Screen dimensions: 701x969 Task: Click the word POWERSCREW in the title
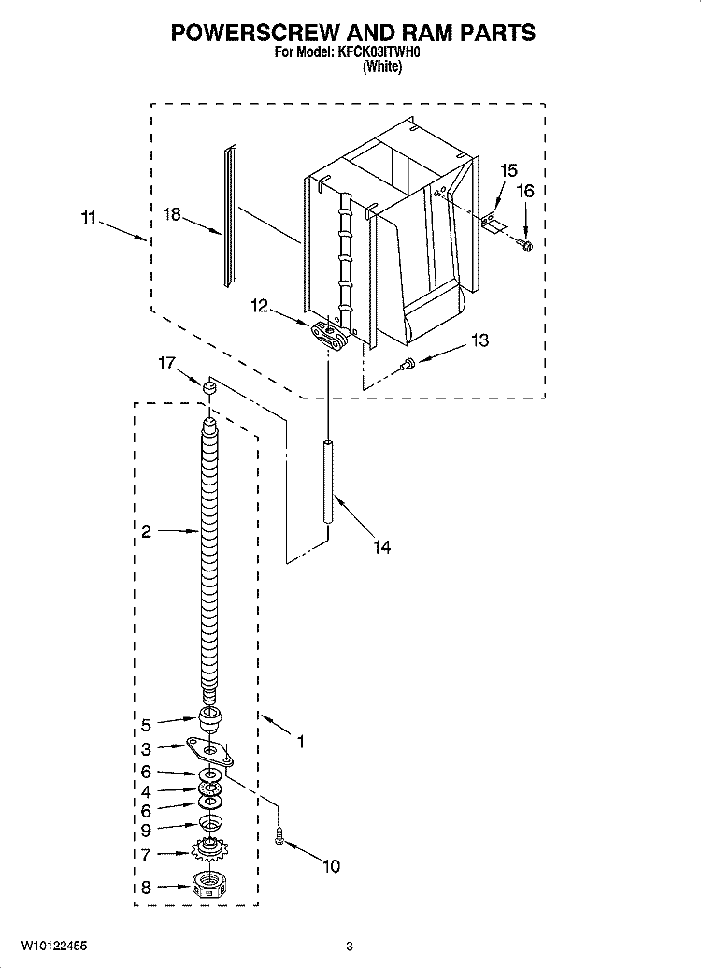point(255,33)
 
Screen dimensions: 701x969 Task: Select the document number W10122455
point(54,946)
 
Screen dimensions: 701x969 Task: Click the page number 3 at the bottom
point(349,947)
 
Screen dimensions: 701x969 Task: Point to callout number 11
point(88,218)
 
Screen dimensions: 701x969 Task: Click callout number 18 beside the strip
point(172,214)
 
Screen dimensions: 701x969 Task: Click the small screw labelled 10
point(279,837)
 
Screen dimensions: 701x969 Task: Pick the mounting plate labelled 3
point(208,752)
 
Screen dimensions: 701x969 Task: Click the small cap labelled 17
point(210,387)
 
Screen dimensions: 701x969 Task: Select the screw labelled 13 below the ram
point(408,365)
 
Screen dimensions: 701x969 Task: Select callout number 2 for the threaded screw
point(146,531)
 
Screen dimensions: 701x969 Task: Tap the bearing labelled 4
point(210,789)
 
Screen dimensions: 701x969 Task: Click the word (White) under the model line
point(382,66)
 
